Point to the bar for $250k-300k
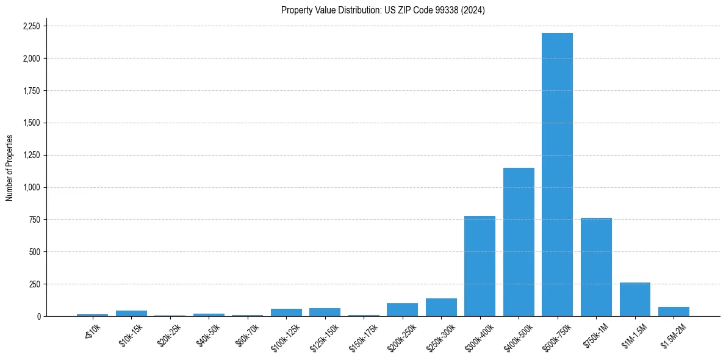pyautogui.click(x=441, y=308)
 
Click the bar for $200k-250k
pyautogui.click(x=402, y=310)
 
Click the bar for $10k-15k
pyautogui.click(x=131, y=314)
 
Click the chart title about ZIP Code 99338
pyautogui.click(x=383, y=10)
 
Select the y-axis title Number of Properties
pyautogui.click(x=10, y=168)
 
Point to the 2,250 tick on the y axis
pyautogui.click(x=31, y=26)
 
